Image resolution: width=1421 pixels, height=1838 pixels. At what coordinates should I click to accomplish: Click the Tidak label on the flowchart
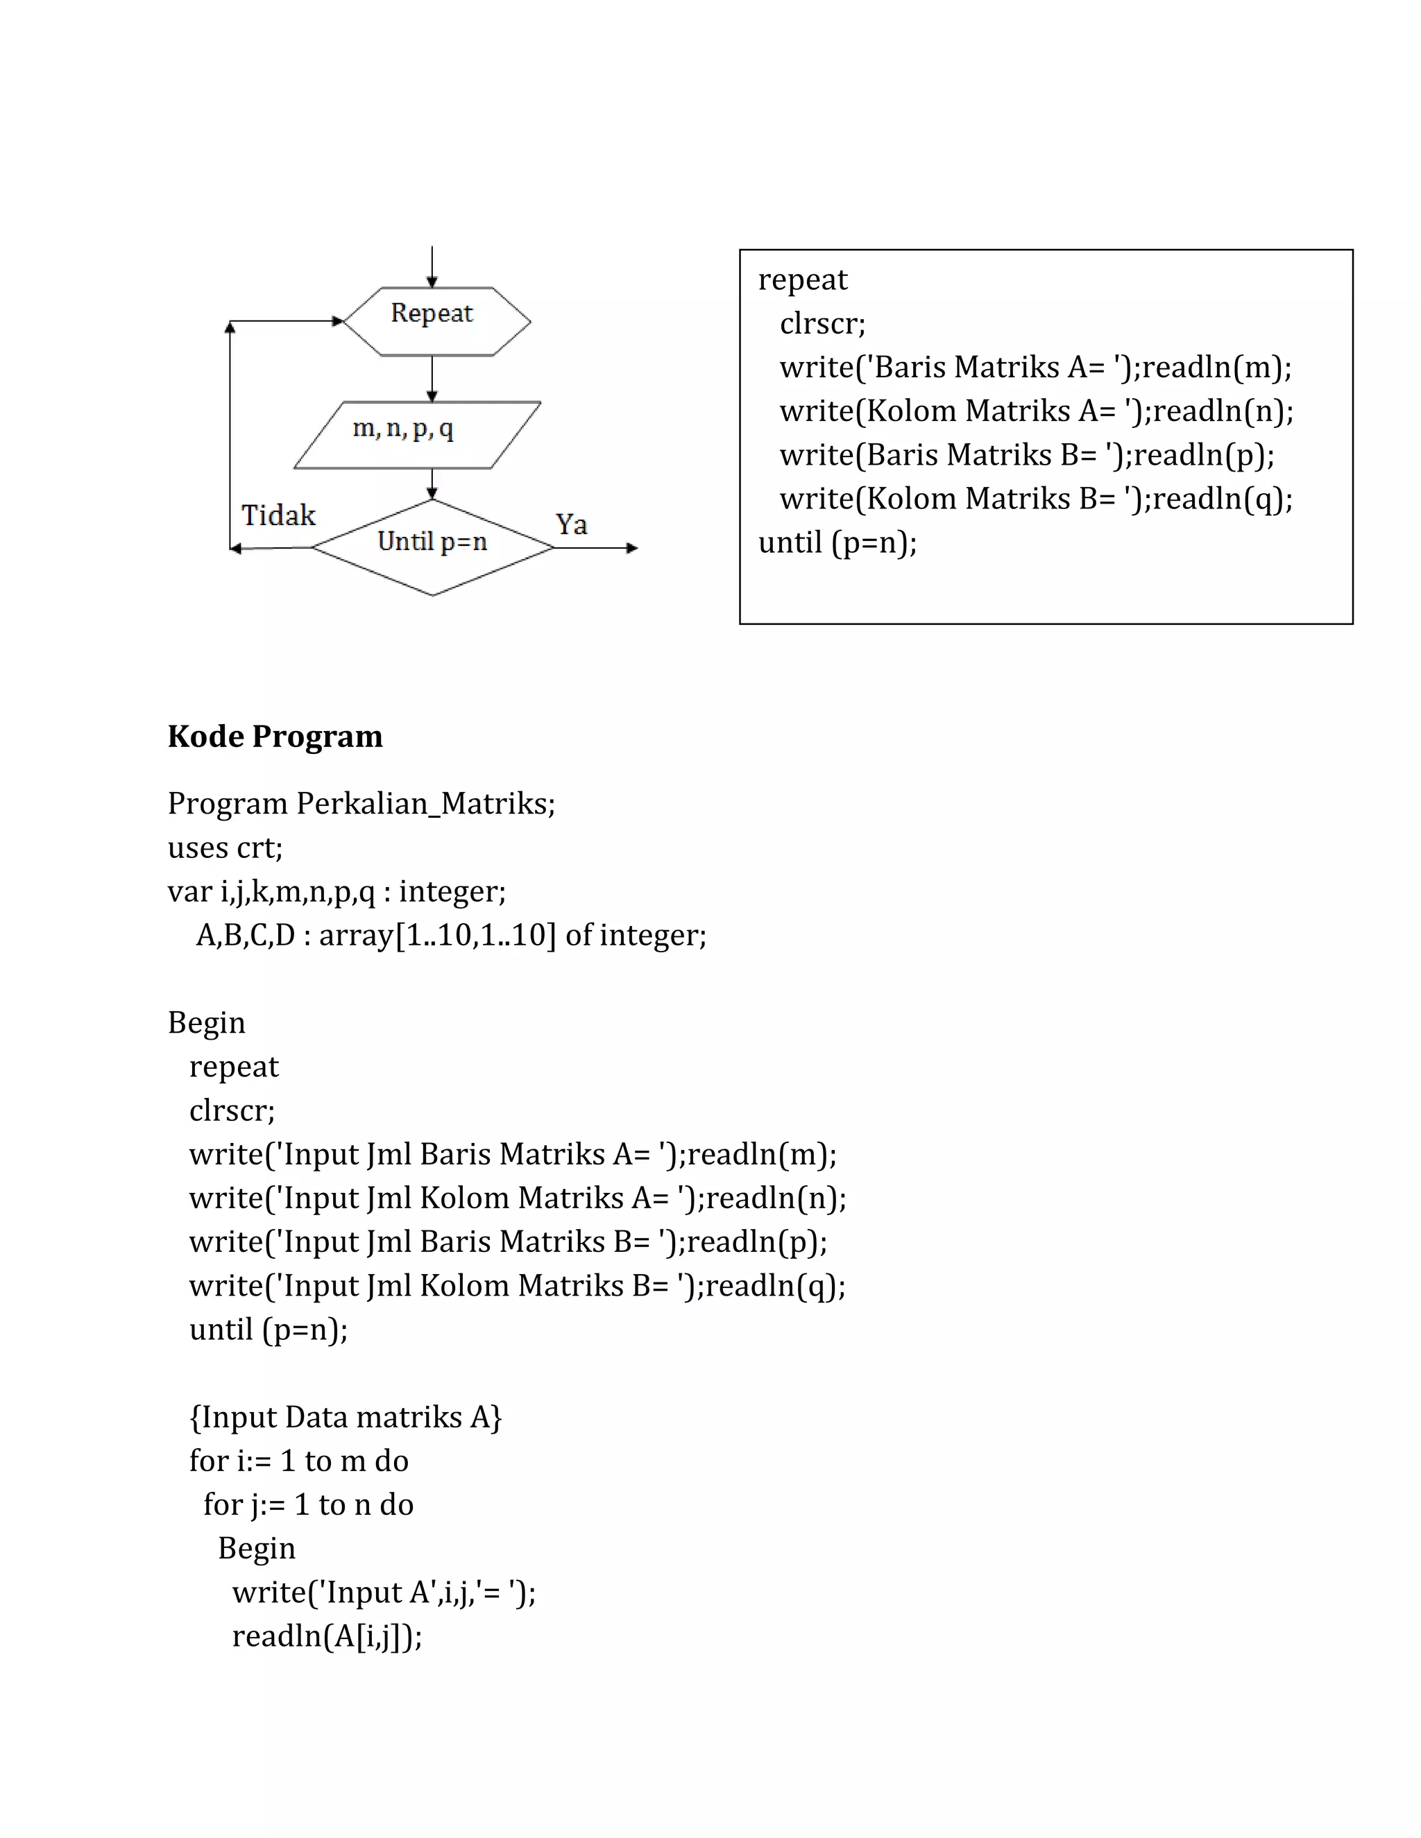(x=278, y=515)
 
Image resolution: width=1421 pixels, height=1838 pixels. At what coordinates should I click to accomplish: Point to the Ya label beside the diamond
(x=571, y=524)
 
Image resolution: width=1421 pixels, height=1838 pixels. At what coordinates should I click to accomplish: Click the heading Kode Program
(x=275, y=737)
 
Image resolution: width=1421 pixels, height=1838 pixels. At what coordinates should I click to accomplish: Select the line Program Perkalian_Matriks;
(x=361, y=804)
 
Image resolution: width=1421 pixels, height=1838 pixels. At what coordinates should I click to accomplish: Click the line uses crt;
(x=225, y=848)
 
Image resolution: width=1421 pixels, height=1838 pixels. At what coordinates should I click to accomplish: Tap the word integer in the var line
(x=452, y=891)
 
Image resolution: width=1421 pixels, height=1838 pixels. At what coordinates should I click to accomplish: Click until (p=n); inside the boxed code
(x=837, y=543)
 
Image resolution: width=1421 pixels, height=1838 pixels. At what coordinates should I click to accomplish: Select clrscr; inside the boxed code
(x=822, y=324)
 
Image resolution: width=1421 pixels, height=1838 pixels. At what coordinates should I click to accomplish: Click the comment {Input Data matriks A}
(x=345, y=1417)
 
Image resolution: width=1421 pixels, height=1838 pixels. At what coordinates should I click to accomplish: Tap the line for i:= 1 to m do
(x=299, y=1461)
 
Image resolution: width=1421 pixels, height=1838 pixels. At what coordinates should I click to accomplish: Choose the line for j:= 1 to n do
(x=308, y=1505)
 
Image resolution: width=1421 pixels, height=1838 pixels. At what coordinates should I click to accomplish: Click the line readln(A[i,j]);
(x=327, y=1636)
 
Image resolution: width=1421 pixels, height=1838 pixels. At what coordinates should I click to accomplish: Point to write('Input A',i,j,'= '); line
(x=384, y=1592)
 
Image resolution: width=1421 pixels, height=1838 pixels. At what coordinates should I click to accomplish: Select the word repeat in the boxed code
(x=802, y=280)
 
